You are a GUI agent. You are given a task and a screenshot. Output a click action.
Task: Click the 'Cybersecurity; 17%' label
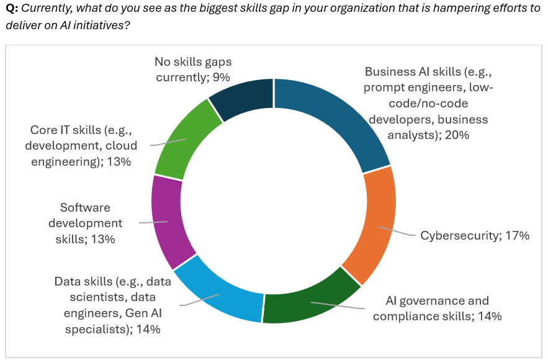tap(474, 236)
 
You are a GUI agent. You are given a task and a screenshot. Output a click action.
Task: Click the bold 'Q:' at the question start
tap(12, 9)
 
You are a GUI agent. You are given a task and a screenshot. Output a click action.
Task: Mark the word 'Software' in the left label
tap(84, 207)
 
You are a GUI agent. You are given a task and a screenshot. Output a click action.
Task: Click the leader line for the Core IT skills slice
tap(168, 143)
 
